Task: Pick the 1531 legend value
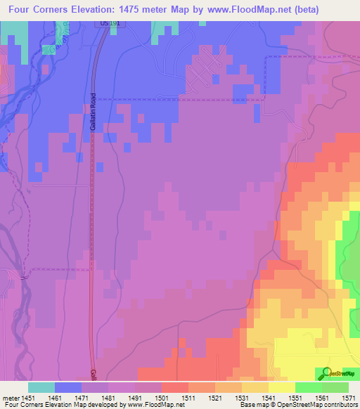tap(241, 397)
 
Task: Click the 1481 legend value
tap(108, 397)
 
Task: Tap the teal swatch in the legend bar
tap(41, 387)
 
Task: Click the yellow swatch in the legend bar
tap(281, 387)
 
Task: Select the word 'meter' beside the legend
tap(9, 397)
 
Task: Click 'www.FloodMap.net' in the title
tap(238, 10)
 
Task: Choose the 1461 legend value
tap(55, 397)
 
